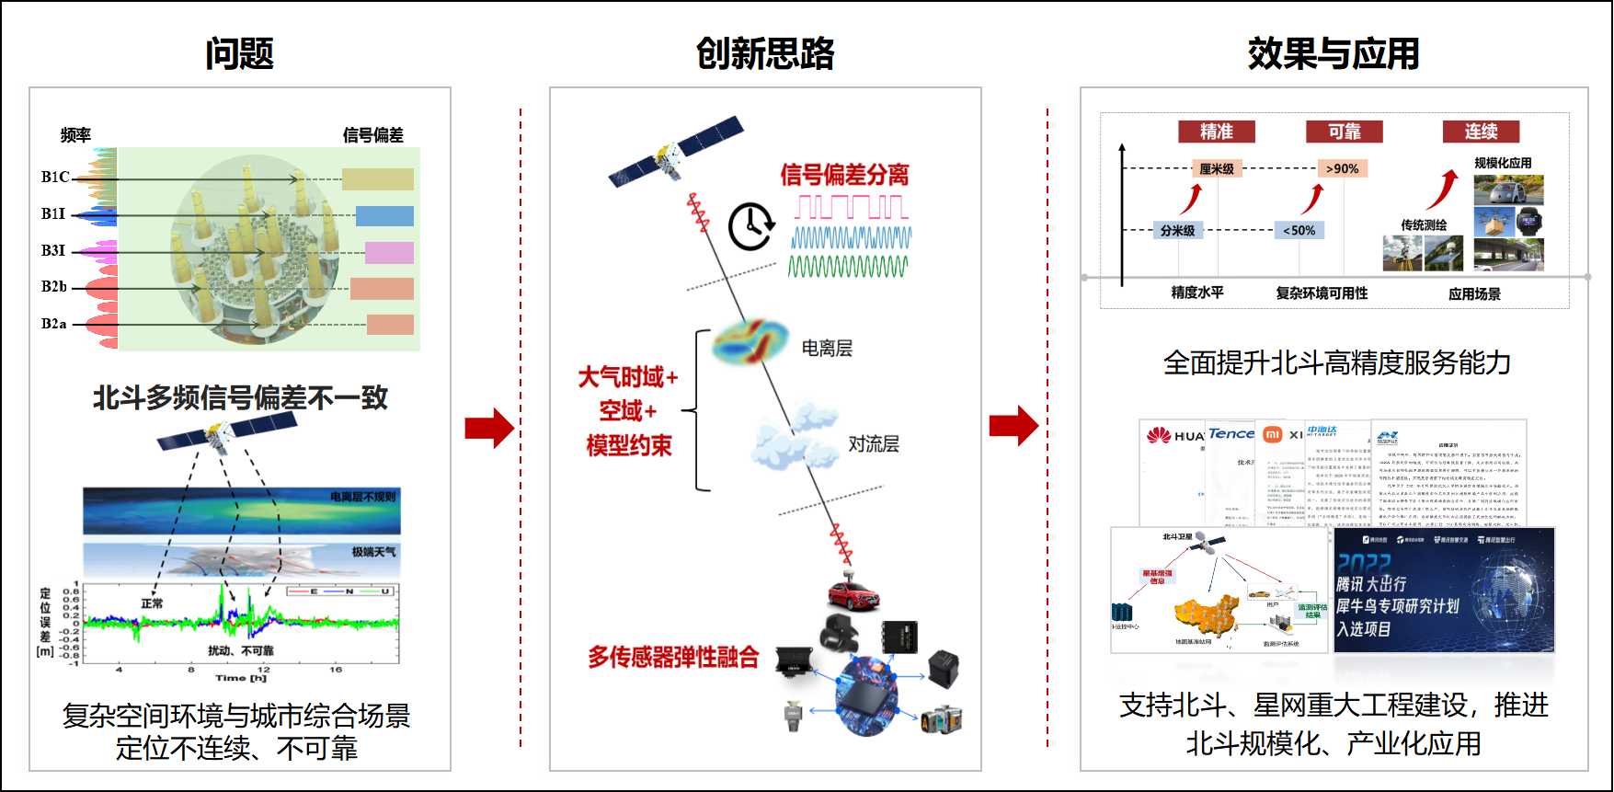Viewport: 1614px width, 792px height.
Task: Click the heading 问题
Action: click(239, 53)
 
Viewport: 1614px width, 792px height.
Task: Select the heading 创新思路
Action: click(765, 53)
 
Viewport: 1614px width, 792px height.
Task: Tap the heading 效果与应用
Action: click(1333, 53)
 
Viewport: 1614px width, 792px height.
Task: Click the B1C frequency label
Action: click(55, 177)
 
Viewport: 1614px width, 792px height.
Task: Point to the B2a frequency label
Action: click(54, 324)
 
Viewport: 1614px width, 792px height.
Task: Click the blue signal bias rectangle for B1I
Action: click(384, 216)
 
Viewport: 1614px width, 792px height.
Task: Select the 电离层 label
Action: click(827, 348)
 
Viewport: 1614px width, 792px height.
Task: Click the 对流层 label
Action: click(873, 444)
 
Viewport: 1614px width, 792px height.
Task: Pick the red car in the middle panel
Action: click(853, 595)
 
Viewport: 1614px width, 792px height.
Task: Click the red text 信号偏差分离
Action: click(844, 174)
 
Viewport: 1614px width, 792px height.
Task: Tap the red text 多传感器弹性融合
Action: click(673, 657)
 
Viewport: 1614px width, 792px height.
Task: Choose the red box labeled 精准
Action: click(1216, 132)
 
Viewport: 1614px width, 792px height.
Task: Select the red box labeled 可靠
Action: click(1344, 132)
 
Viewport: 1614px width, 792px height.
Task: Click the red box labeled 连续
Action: click(1481, 132)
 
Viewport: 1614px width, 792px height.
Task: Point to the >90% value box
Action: click(1343, 168)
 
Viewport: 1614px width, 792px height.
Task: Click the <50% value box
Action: click(1299, 230)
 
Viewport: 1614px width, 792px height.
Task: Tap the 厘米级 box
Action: click(1217, 168)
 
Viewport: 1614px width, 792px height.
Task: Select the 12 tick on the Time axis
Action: click(264, 670)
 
